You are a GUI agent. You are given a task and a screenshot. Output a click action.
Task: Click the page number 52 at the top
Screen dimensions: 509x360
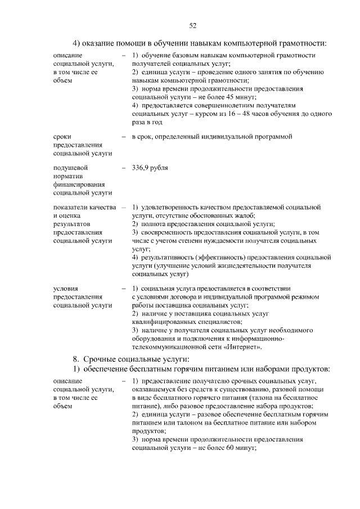[192, 25]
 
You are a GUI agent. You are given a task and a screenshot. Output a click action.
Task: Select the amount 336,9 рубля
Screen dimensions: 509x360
[150, 168]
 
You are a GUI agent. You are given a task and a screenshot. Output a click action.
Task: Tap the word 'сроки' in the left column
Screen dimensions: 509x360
[62, 137]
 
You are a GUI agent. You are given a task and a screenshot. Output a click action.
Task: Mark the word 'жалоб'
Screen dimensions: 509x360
[245, 215]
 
